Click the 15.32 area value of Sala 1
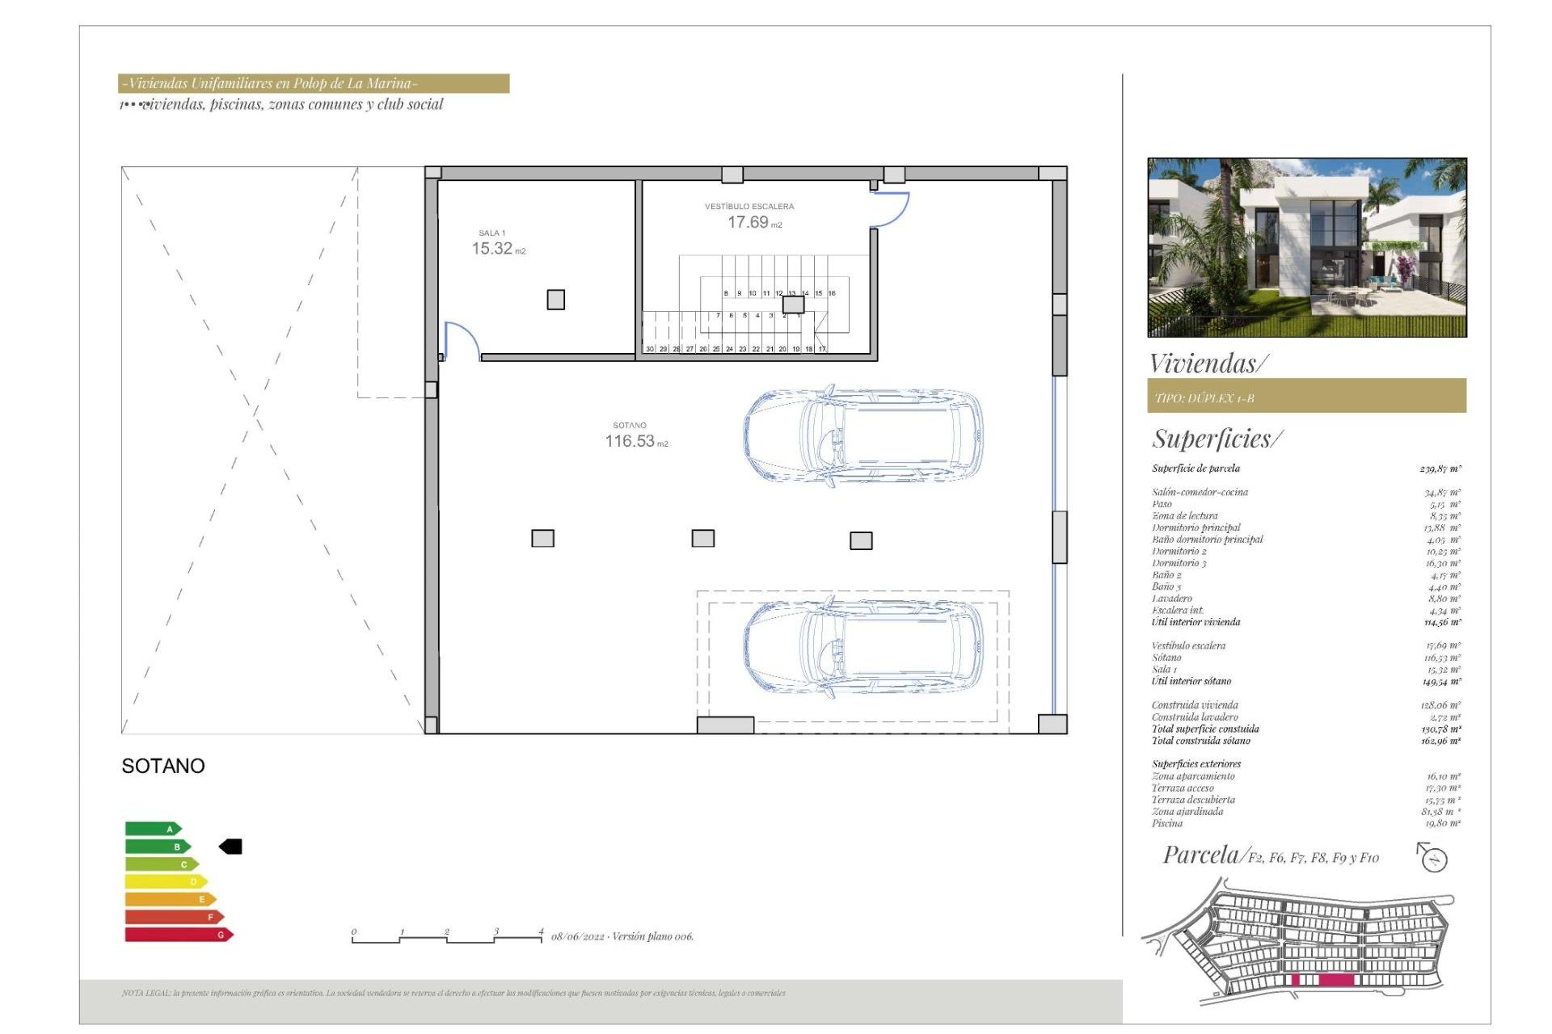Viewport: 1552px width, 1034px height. (x=492, y=249)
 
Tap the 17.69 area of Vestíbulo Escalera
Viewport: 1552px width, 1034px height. (x=748, y=222)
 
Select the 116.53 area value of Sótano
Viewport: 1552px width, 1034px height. (x=630, y=441)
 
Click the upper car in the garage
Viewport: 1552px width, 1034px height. (x=863, y=436)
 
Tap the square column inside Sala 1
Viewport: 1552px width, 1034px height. (x=555, y=300)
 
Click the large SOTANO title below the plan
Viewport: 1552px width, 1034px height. (x=163, y=766)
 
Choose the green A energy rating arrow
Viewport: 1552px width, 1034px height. (x=153, y=829)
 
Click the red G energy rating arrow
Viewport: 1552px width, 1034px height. (x=179, y=935)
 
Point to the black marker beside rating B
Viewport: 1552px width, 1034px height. (x=231, y=847)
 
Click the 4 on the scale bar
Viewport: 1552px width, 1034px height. (x=542, y=931)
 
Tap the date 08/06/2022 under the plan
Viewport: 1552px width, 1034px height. (x=577, y=937)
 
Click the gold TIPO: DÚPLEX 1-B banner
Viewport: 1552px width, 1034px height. (x=1306, y=397)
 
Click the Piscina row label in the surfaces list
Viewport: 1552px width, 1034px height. (x=1167, y=823)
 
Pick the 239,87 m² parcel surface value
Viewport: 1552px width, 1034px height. (x=1440, y=469)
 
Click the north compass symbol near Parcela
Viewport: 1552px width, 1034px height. (x=1433, y=858)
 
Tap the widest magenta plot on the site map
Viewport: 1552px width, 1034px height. (x=1336, y=980)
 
